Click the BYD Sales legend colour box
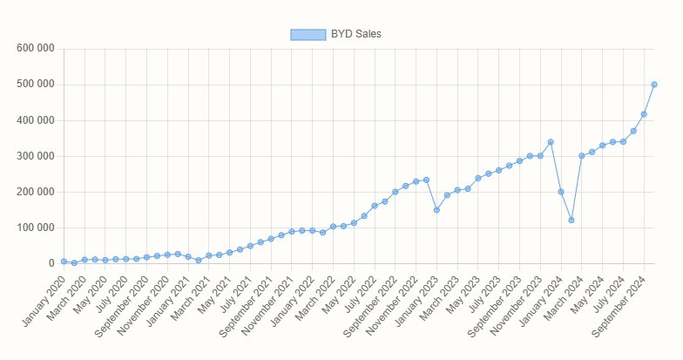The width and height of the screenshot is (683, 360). pyautogui.click(x=308, y=34)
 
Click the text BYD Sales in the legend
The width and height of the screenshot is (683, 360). pyautogui.click(x=356, y=34)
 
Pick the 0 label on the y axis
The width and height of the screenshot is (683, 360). pyautogui.click(x=51, y=263)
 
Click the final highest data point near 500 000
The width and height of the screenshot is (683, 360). pyautogui.click(x=654, y=85)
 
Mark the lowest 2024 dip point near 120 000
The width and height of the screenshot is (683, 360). pyautogui.click(x=571, y=221)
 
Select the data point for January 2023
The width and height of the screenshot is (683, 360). pyautogui.click(x=436, y=210)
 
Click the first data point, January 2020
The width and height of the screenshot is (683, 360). pyautogui.click(x=64, y=262)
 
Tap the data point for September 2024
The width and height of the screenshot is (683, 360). pyautogui.click(x=644, y=114)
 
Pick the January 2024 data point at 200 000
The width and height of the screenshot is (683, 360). pyautogui.click(x=561, y=192)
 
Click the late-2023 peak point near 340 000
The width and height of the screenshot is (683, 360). pyautogui.click(x=551, y=142)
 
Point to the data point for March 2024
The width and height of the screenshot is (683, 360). pyautogui.click(x=582, y=156)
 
